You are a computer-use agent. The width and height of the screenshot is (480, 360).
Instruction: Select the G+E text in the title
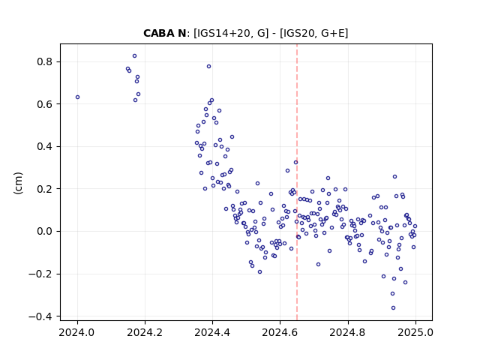pyautogui.click(x=331, y=33)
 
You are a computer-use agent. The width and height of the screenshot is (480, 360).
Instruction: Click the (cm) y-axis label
pyautogui.click(x=18, y=183)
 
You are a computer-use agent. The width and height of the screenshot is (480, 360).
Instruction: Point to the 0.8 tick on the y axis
pyautogui.click(x=45, y=61)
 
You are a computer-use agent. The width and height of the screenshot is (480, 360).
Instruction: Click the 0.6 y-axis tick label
pyautogui.click(x=45, y=104)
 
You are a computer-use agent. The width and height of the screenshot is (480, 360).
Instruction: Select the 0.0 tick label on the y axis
pyautogui.click(x=45, y=231)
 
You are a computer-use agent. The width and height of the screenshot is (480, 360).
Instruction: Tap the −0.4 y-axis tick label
pyautogui.click(x=41, y=316)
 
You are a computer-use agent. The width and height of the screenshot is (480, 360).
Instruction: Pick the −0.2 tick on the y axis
pyautogui.click(x=41, y=274)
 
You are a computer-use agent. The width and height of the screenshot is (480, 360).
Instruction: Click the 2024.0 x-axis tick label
pyautogui.click(x=77, y=332)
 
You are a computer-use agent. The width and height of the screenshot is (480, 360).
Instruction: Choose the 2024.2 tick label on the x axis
pyautogui.click(x=145, y=332)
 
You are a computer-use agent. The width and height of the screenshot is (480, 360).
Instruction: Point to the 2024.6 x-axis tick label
pyautogui.click(x=280, y=332)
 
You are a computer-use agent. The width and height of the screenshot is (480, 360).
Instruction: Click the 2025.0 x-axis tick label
pyautogui.click(x=415, y=332)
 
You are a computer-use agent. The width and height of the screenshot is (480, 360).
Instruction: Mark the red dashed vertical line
pyautogui.click(x=297, y=182)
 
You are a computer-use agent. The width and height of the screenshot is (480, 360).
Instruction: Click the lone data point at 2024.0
pyautogui.click(x=77, y=97)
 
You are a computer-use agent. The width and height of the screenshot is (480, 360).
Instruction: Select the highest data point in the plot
pyautogui.click(x=134, y=56)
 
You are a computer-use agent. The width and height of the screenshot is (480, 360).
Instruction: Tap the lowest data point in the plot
pyautogui.click(x=393, y=307)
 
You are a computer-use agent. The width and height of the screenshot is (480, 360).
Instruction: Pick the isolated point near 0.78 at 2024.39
pyautogui.click(x=208, y=67)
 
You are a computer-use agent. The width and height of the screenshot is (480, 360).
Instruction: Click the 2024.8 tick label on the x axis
pyautogui.click(x=348, y=332)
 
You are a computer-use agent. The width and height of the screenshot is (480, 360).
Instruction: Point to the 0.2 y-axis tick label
pyautogui.click(x=45, y=189)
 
